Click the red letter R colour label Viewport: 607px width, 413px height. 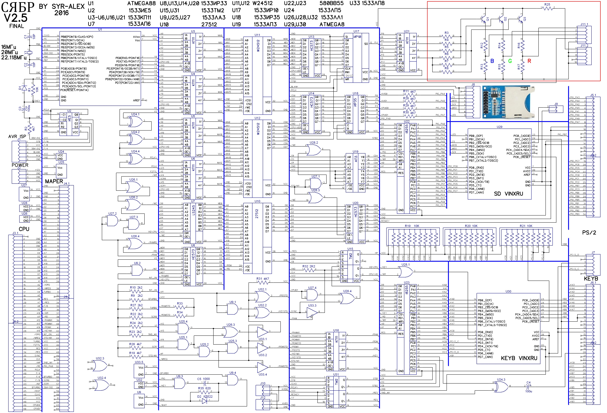click(x=529, y=61)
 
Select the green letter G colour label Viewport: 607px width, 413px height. click(x=510, y=61)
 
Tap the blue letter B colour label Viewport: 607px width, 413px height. click(x=492, y=61)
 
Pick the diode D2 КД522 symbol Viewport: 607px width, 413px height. click(x=205, y=401)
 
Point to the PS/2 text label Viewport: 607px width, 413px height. click(x=589, y=233)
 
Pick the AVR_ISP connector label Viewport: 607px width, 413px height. click(x=17, y=137)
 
